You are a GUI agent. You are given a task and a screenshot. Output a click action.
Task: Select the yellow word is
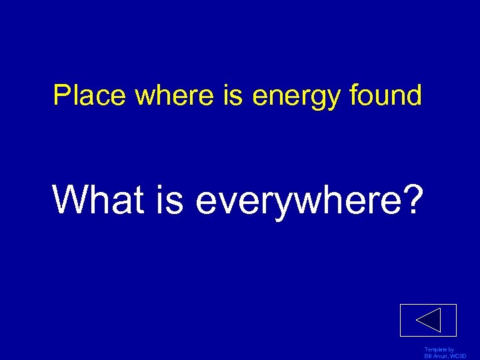(233, 96)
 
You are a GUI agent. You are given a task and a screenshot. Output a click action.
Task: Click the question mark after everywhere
(411, 199)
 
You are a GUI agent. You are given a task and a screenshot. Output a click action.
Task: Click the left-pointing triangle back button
(428, 321)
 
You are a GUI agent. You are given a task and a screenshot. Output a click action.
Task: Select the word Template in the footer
(435, 349)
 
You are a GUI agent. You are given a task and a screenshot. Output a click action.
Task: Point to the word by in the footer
(451, 349)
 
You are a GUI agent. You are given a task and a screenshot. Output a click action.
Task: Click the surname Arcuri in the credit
(441, 356)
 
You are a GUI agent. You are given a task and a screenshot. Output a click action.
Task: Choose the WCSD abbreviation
(459, 356)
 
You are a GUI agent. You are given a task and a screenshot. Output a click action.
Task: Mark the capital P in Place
(60, 96)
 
